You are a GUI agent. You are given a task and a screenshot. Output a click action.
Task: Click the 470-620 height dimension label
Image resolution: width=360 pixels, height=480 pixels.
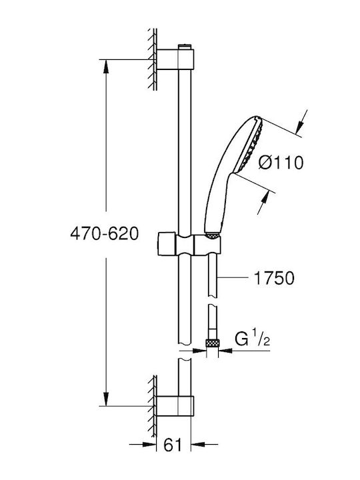pos(105,234)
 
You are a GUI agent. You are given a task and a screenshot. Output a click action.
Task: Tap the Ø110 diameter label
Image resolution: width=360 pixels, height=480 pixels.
pos(281,162)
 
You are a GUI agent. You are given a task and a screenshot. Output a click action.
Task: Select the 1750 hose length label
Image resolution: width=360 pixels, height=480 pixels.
pos(274,278)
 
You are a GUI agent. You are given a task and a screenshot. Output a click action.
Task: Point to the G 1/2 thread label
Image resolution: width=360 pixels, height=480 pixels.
pos(253,338)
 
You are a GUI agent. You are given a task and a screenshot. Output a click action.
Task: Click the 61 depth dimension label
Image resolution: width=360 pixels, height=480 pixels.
pos(173,445)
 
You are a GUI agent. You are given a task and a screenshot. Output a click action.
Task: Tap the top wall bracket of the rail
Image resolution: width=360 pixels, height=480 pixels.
pos(175,59)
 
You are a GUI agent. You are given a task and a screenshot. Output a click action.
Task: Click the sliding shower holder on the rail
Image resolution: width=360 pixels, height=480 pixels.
pos(189,244)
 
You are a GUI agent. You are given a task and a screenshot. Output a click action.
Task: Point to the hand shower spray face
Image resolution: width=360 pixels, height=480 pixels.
pos(251,146)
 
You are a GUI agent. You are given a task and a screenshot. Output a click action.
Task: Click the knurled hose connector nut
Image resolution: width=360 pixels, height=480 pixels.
pos(212,343)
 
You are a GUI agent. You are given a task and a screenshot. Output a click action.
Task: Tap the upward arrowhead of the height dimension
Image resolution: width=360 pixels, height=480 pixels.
pos(106,66)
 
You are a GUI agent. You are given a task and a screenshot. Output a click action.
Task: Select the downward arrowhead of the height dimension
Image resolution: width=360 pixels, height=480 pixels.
pos(106,399)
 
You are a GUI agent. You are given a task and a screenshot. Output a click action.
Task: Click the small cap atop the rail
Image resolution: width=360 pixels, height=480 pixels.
pos(184,47)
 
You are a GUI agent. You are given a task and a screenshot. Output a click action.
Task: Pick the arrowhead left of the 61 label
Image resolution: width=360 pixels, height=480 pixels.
pos(149,444)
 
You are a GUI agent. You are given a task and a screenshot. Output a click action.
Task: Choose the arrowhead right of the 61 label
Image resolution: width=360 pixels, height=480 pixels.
pos(198,444)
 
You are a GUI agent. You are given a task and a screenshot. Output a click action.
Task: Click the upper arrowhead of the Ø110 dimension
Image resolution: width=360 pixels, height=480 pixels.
pos(300,127)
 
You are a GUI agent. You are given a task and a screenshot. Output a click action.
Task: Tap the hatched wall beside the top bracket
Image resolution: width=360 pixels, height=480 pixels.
pos(153,59)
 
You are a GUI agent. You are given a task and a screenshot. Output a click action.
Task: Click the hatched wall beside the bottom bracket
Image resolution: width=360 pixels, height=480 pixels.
pos(153,407)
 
